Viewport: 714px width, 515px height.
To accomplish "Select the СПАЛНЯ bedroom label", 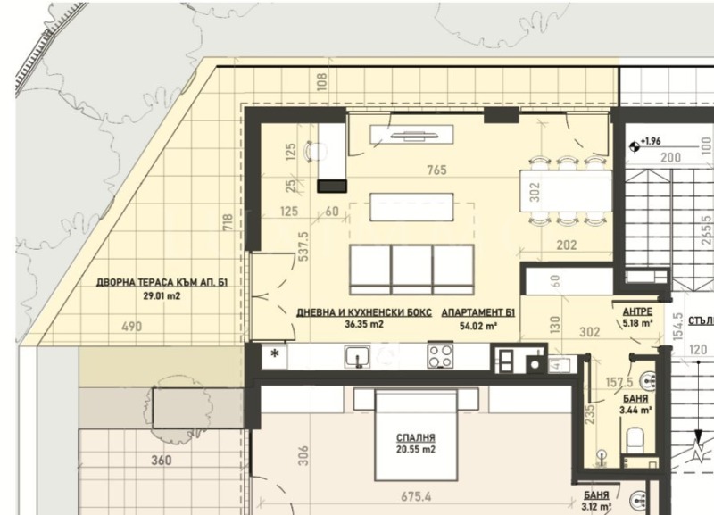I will click(x=415, y=438).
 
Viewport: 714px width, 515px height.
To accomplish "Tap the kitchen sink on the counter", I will click(x=356, y=356).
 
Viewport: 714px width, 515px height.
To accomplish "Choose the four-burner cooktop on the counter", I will click(x=440, y=357).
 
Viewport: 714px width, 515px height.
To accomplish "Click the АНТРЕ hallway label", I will click(x=637, y=311).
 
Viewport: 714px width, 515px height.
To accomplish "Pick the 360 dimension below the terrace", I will click(x=162, y=461).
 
